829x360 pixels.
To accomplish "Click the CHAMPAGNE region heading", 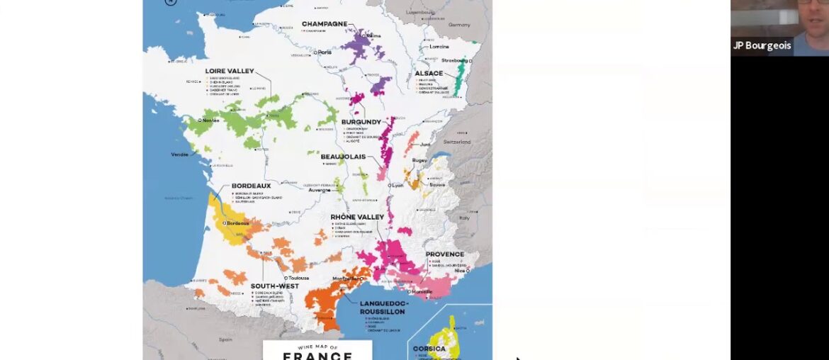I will [325, 24].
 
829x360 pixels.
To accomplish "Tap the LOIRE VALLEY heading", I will [229, 71].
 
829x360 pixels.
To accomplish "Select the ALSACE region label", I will [429, 73].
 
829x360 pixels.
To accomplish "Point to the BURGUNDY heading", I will [361, 122].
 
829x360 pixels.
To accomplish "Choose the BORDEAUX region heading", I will [252, 186].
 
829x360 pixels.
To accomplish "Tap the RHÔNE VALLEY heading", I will [357, 217].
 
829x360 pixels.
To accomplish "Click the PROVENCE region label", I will [445, 254].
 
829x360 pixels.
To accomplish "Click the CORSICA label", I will [429, 349].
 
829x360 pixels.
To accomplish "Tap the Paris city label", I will [325, 52].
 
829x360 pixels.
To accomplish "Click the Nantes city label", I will [210, 120].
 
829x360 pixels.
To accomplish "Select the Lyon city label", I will [397, 185].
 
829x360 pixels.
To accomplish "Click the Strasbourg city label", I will [454, 61].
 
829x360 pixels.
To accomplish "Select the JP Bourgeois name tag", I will [762, 45].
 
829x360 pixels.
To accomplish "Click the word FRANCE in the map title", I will [317, 354].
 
